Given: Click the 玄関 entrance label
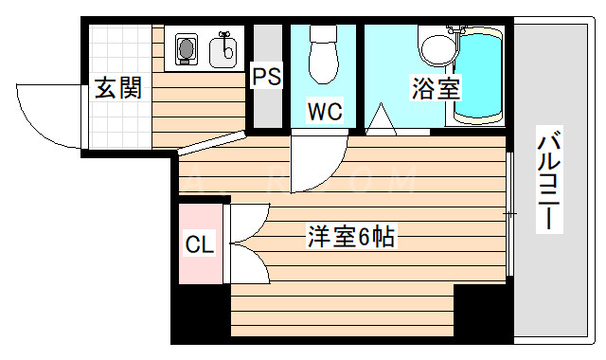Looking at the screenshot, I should [x=118, y=90].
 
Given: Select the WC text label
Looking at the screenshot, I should [x=324, y=111].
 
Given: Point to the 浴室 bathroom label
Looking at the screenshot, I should [x=435, y=90].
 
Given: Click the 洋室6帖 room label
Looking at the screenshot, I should [x=349, y=236].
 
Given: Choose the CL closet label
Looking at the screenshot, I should [x=200, y=245].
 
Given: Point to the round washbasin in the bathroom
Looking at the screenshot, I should [x=437, y=47].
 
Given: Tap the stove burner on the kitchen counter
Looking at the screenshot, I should [x=187, y=48].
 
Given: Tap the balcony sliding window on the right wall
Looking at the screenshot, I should [x=508, y=216].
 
